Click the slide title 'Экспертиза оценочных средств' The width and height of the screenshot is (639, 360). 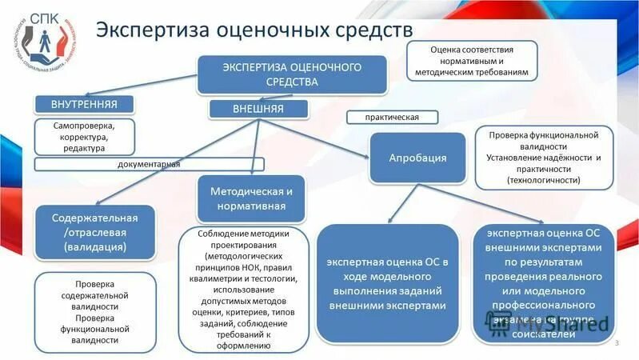[x=254, y=31]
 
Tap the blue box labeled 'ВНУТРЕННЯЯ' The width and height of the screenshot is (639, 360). [x=84, y=104]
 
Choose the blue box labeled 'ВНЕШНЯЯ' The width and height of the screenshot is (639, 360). [x=258, y=108]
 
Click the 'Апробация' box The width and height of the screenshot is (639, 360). [x=417, y=158]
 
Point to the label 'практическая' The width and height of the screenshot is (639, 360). [x=392, y=117]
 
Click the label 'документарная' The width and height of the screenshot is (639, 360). [x=149, y=165]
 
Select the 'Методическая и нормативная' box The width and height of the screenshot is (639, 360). [x=251, y=199]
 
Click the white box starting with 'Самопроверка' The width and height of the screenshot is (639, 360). [x=84, y=137]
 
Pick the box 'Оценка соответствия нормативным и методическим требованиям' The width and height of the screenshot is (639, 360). [x=472, y=61]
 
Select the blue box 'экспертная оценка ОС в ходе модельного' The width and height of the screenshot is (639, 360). [x=387, y=283]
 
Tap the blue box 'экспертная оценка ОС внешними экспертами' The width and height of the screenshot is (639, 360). [x=549, y=283]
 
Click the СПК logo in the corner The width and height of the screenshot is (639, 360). [x=46, y=39]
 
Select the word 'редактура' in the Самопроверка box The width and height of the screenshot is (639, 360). [x=83, y=148]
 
